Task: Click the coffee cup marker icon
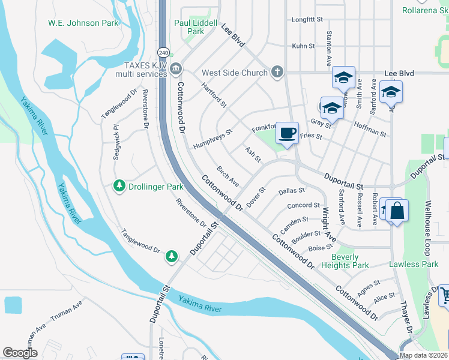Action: (288, 133)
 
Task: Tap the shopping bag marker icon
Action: (397, 211)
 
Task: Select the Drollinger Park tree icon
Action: (119, 187)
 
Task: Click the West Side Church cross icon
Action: (277, 73)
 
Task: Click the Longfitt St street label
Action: (307, 19)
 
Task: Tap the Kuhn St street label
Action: (303, 46)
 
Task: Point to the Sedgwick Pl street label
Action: (116, 142)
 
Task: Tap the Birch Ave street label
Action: (228, 176)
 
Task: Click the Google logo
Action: (20, 353)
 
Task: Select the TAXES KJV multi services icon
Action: (175, 68)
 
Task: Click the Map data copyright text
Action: (423, 355)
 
